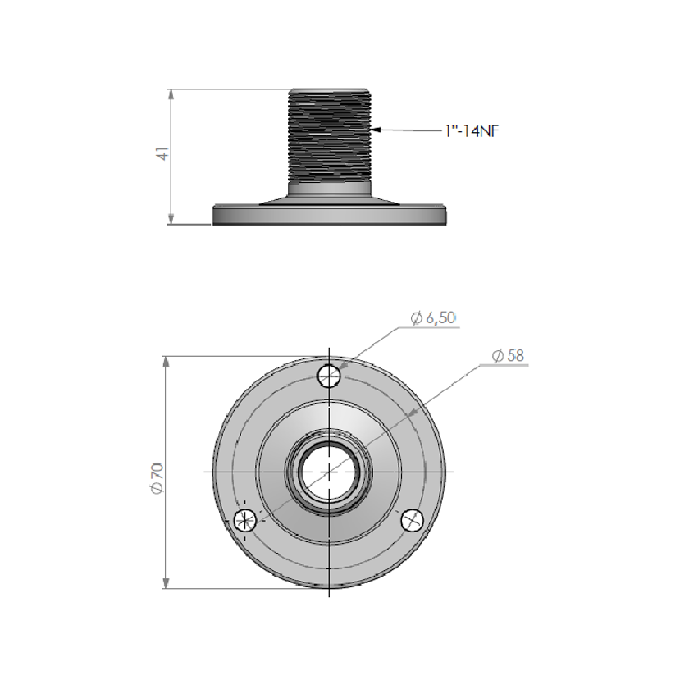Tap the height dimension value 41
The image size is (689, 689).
click(x=162, y=154)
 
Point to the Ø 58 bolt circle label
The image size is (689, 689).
click(x=508, y=355)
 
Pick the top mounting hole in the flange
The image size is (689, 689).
click(x=329, y=376)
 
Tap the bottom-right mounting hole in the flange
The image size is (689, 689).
click(x=412, y=519)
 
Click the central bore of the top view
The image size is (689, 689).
click(x=328, y=472)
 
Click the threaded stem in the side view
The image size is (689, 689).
click(x=329, y=135)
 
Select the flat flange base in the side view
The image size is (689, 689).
click(x=329, y=215)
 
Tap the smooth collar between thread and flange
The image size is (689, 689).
click(x=329, y=189)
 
